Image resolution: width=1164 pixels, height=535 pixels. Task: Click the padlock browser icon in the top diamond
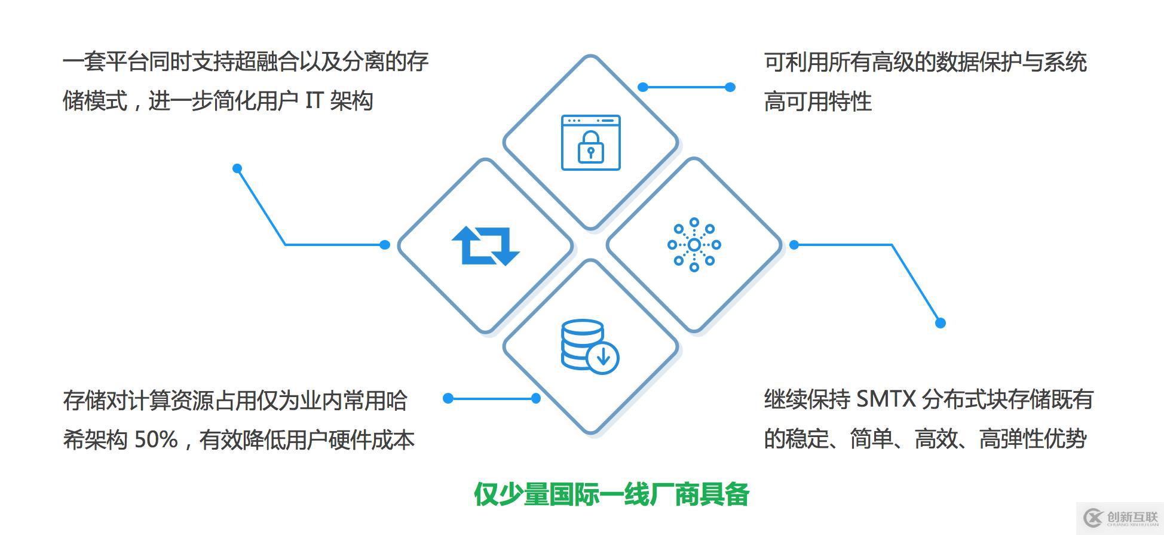590,143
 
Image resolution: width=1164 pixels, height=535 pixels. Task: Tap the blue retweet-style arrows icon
485,245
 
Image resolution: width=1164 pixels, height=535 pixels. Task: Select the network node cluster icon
694,245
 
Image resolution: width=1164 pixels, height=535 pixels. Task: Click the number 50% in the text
156,440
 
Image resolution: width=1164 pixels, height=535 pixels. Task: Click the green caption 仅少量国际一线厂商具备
611,494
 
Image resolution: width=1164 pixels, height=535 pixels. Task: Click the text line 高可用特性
817,101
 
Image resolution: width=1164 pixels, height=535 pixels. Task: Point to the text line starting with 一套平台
246,62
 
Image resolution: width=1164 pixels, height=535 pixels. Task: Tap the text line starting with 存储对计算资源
235,400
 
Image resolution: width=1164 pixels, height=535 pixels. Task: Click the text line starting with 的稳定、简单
925,439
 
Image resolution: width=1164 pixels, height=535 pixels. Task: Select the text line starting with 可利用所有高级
925,62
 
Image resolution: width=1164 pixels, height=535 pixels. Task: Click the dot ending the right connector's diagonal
940,323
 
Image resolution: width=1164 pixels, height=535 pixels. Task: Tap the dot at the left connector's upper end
237,168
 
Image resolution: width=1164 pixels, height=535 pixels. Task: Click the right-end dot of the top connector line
730,87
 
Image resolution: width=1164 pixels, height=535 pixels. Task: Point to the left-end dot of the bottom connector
448,398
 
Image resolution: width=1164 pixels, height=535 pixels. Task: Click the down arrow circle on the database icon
603,358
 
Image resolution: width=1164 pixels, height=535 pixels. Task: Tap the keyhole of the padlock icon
590,152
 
